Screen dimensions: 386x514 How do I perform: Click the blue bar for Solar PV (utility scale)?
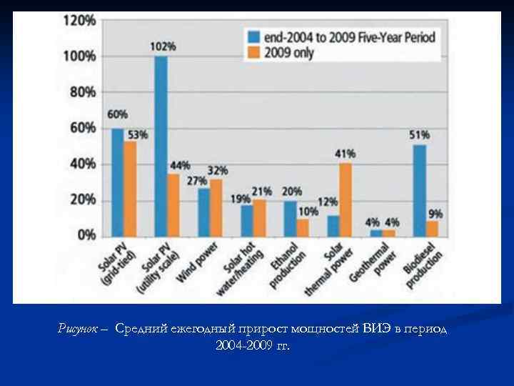pos(161,147)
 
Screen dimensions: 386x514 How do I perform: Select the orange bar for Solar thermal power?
pos(346,200)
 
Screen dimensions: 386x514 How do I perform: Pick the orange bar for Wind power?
pos(216,208)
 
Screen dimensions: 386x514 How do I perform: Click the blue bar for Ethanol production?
pos(290,219)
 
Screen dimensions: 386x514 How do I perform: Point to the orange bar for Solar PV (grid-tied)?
pos(130,189)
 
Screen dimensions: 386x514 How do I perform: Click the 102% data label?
pos(163,46)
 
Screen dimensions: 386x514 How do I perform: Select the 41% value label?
pos(345,154)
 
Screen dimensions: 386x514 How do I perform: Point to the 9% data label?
pos(435,212)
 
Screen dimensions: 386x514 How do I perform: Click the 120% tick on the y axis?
pos(79,21)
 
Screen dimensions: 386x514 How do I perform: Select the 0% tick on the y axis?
pos(85,235)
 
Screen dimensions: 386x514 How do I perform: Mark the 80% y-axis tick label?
pos(82,92)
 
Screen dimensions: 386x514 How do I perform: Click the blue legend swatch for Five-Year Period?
pos(253,36)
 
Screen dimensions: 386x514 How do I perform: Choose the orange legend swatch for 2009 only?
pos(253,51)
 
